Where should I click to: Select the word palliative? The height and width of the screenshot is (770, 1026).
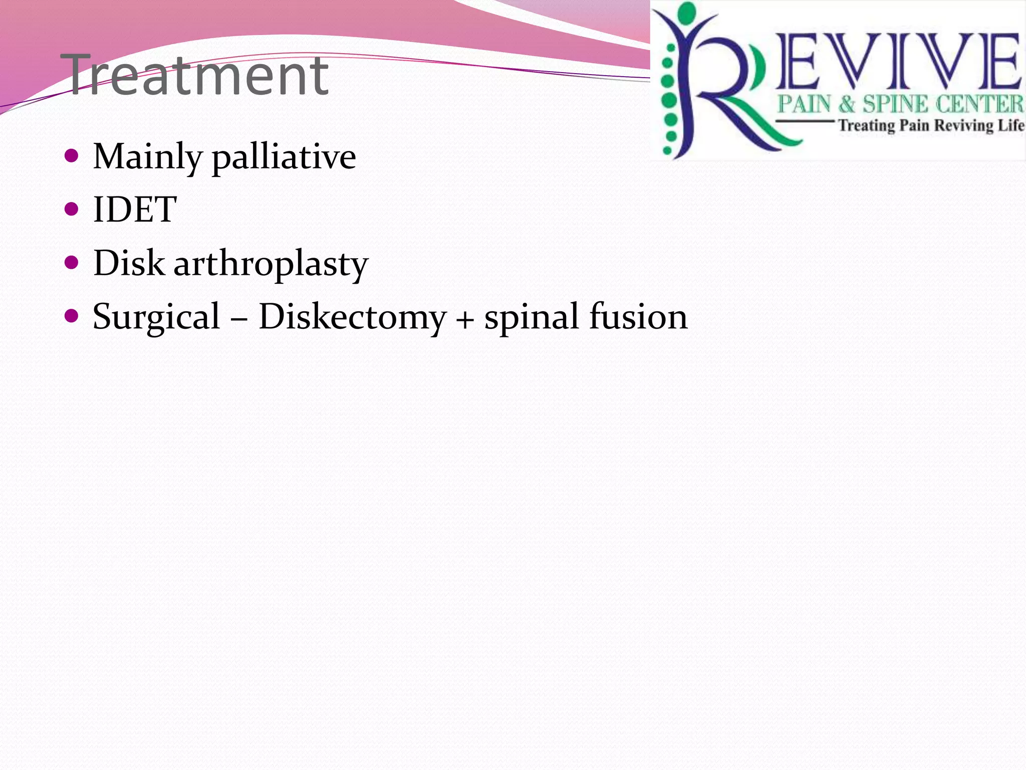coord(284,157)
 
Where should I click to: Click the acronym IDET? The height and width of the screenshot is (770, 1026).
coord(135,210)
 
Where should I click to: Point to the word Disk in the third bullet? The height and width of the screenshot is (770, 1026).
coord(129,263)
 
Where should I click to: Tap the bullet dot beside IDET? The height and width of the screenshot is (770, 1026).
coord(72,209)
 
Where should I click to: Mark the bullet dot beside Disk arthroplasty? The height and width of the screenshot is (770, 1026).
coord(72,262)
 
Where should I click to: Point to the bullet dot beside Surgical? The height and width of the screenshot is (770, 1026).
coord(72,316)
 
